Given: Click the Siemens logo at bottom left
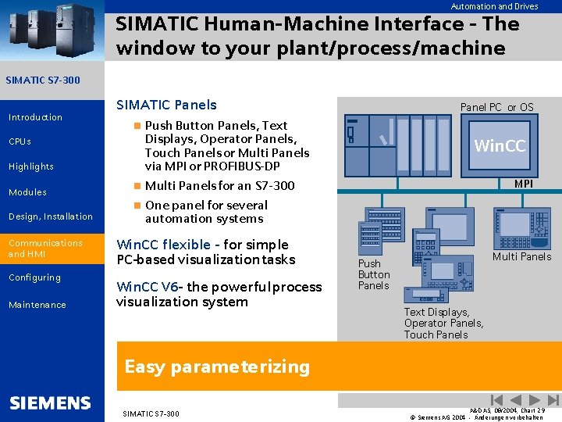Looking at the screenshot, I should (x=51, y=403).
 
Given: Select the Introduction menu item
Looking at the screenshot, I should (x=35, y=117).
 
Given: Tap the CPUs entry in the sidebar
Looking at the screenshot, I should (x=20, y=141).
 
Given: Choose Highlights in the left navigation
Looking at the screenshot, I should (x=31, y=166).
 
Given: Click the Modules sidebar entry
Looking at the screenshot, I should (x=27, y=192).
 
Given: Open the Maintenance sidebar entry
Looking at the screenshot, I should (x=37, y=305).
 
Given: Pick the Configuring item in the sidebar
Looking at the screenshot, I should (x=34, y=277).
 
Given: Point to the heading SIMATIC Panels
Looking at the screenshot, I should (x=166, y=105).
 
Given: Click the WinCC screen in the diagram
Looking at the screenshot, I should (x=500, y=146).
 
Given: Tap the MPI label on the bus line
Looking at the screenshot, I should (x=523, y=184).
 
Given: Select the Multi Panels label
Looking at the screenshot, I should (x=521, y=256).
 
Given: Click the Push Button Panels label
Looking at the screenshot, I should (x=373, y=274).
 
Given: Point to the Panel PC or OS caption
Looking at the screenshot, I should (x=496, y=107).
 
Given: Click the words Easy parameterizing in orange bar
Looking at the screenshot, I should (x=217, y=367).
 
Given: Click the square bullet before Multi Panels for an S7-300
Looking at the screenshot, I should (x=137, y=186).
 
